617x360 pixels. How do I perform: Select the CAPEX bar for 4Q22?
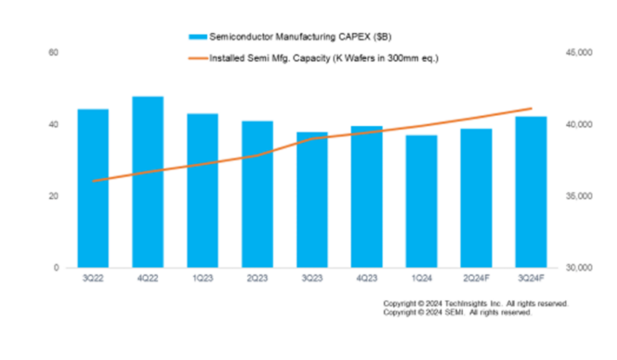click(x=148, y=181)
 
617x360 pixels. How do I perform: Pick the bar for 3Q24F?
click(x=531, y=192)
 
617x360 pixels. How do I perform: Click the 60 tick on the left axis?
click(x=54, y=53)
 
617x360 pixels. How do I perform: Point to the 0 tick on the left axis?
click(x=56, y=268)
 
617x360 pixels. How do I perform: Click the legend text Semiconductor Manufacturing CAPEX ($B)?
click(x=300, y=37)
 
